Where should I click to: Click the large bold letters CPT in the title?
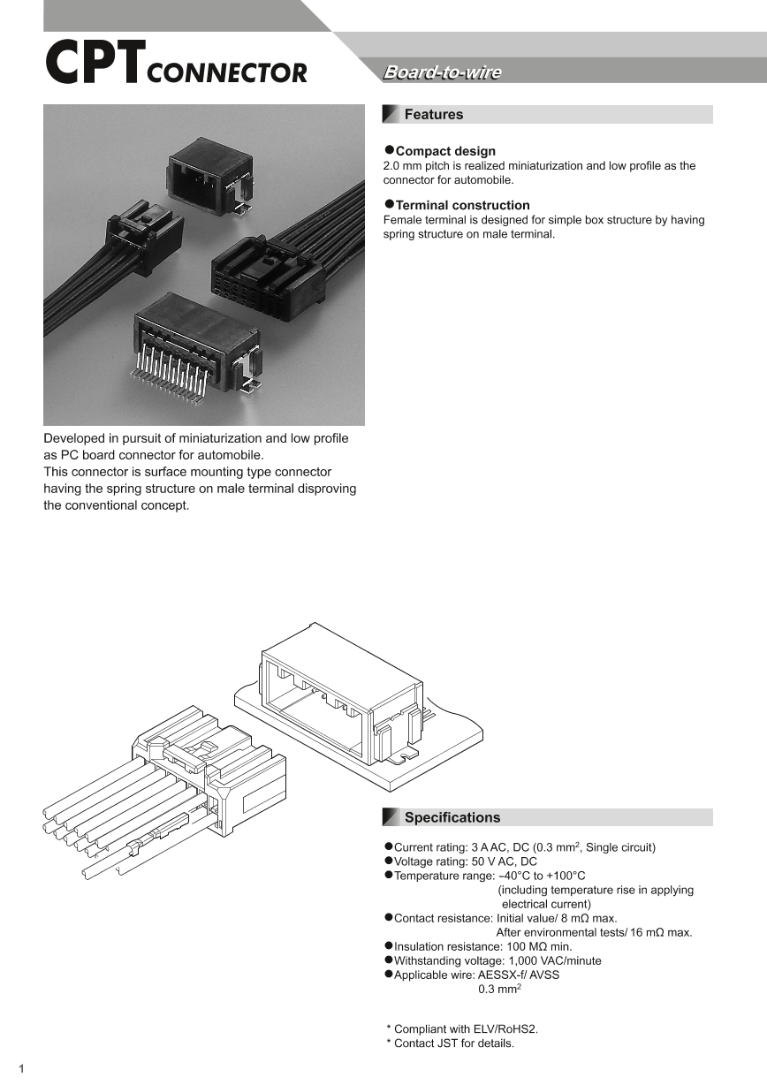click(x=93, y=64)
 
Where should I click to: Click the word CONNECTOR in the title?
click(x=227, y=73)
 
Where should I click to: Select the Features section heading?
click(x=433, y=115)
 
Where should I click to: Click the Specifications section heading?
click(x=452, y=817)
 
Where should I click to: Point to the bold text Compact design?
click(x=445, y=151)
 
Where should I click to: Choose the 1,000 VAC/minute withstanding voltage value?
click(x=554, y=960)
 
